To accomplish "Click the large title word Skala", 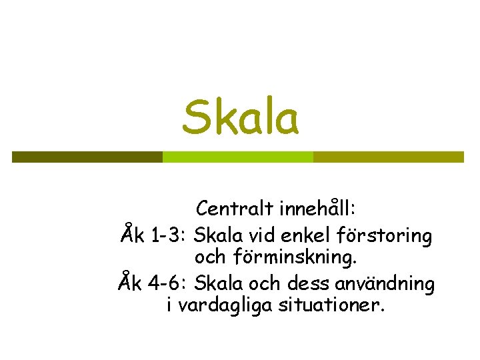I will tap(241, 117).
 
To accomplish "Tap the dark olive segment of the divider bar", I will tap(87, 157).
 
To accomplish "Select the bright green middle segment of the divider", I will tap(237, 157).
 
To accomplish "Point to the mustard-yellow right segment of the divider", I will tap(388, 157).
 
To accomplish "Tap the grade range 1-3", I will tap(169, 235).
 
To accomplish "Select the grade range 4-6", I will tap(169, 284).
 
